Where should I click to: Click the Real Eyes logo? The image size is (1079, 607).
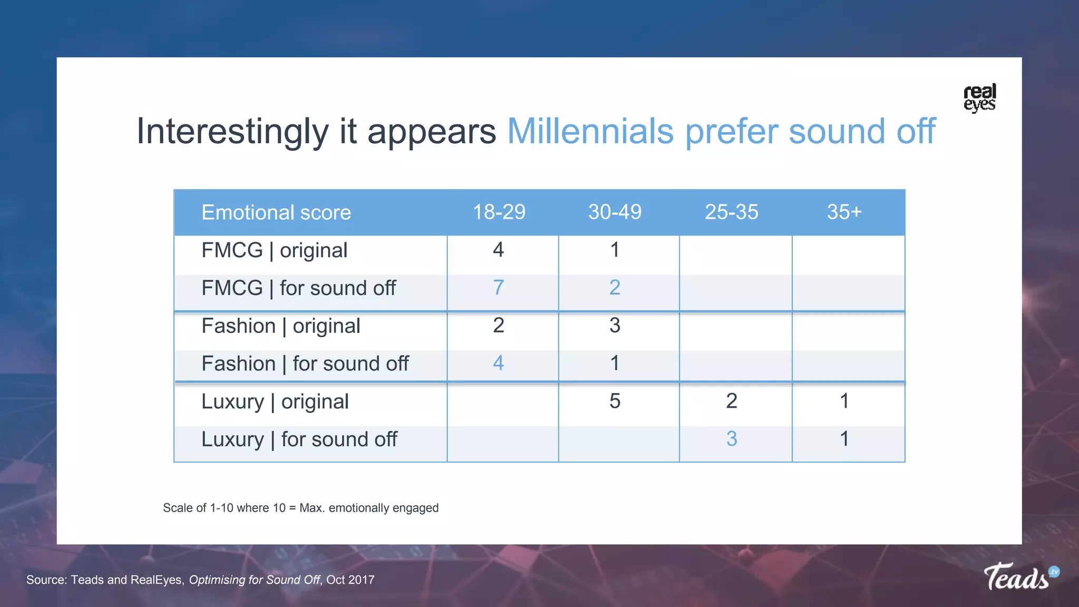(x=979, y=97)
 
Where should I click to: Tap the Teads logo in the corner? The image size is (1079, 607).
(x=1021, y=577)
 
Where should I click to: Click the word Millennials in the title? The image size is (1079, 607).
(x=590, y=131)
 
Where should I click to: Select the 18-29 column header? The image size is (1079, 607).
(x=498, y=212)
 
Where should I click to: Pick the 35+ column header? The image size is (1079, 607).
(x=844, y=212)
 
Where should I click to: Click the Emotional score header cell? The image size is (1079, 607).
(x=276, y=213)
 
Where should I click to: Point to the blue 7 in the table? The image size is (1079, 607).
(x=498, y=288)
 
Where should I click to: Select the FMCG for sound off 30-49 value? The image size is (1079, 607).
(x=615, y=288)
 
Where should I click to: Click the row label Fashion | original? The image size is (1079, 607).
(x=281, y=326)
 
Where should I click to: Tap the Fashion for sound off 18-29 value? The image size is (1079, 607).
(x=498, y=363)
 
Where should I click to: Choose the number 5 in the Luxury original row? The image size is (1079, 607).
(x=615, y=401)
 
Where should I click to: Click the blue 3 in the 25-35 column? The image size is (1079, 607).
(x=731, y=439)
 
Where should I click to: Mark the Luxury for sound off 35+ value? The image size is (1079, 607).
(x=844, y=439)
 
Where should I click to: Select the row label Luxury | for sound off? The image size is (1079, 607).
(x=299, y=439)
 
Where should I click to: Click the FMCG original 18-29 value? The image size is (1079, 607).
(x=498, y=250)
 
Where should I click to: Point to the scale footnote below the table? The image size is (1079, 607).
(x=300, y=508)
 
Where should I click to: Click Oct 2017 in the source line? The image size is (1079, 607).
(x=350, y=580)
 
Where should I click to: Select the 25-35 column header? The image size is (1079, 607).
(x=731, y=212)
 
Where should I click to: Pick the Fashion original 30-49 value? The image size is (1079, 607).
(x=615, y=326)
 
